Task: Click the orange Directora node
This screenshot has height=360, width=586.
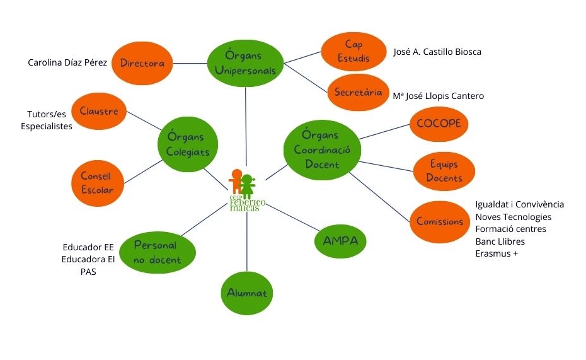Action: pos(142,63)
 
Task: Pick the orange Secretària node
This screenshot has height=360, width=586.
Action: pos(358,92)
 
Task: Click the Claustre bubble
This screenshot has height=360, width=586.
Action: pos(99,111)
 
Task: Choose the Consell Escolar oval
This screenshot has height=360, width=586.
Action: pos(97,183)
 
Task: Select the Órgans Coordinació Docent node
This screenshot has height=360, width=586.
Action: pos(321,150)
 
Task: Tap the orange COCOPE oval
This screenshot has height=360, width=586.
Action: pos(439,124)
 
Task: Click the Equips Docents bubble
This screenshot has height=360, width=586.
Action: pos(444,171)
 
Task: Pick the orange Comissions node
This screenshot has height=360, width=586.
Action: pos(440,221)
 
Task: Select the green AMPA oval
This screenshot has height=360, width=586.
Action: pos(340,240)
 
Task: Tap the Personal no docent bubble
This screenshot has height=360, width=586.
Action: pos(157,252)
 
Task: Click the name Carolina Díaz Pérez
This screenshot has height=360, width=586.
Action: pos(67,63)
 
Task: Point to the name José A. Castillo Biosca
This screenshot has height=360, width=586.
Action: pos(437,52)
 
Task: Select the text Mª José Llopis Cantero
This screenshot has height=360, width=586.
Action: pos(438,96)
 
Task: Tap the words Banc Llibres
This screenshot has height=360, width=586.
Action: pos(500,241)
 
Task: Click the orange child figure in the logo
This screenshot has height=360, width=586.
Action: pos(236,181)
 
